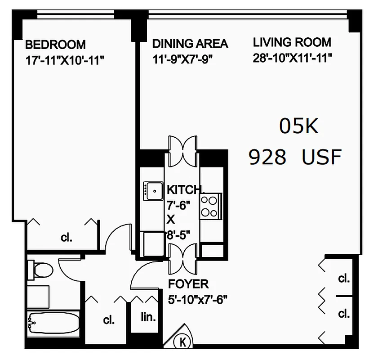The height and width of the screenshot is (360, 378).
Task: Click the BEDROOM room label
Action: tap(55, 45)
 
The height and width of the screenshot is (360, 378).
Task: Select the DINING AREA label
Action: tap(190, 44)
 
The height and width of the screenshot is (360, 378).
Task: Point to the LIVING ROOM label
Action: tap(292, 43)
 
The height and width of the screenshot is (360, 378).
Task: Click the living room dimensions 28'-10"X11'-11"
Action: tap(292, 58)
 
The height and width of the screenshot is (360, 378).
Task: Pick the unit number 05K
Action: tap(299, 126)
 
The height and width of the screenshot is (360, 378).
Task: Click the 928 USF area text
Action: tap(295, 157)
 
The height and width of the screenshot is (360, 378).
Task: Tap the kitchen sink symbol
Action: tap(153, 191)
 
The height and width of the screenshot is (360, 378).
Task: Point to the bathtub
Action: tap(53, 321)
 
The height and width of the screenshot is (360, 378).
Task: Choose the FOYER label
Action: tap(188, 284)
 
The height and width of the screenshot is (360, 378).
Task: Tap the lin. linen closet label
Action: tap(148, 317)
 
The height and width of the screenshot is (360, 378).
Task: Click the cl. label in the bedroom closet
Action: tap(66, 238)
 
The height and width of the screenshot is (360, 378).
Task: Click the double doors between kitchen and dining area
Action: tap(182, 150)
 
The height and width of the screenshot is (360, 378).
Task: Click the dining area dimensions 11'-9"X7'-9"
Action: tap(182, 59)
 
